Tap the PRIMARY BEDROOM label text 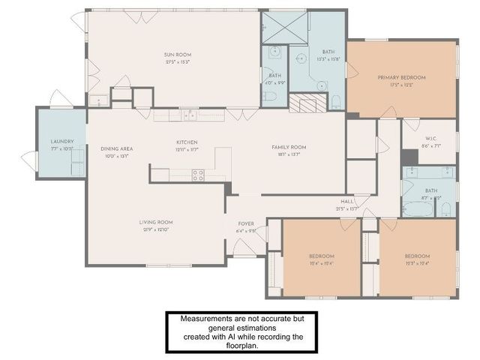401,77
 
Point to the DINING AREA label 116,148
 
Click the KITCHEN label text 187,142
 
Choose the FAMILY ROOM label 289,147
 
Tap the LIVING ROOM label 156,222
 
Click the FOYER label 247,223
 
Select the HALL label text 347,201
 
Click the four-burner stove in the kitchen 199,175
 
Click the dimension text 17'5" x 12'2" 401,85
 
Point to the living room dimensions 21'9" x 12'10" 156,229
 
